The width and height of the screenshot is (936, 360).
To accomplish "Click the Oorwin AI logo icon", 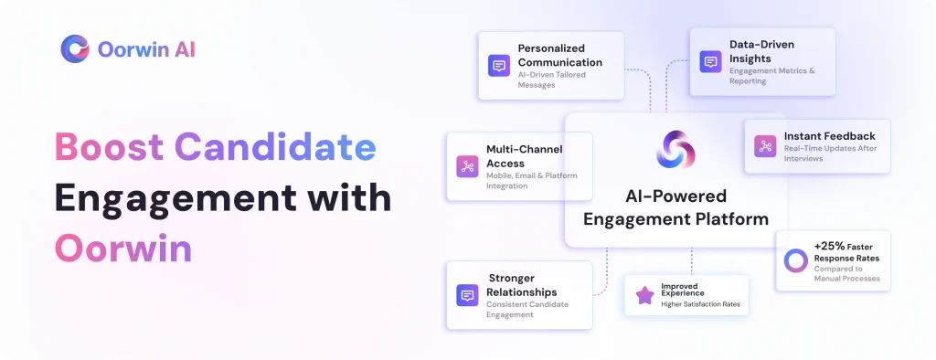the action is (x=75, y=49).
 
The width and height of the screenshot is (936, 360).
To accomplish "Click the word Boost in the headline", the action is (x=109, y=146).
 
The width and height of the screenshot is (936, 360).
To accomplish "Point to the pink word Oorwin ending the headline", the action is (x=123, y=248).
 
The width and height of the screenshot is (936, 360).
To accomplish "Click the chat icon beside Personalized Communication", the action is (x=499, y=66).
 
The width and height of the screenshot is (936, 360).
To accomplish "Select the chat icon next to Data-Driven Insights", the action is (x=710, y=61).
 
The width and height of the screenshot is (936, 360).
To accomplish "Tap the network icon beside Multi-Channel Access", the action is (x=467, y=166).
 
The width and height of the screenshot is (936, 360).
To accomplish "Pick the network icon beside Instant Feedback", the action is (x=765, y=146).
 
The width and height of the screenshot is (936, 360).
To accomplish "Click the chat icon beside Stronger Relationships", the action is (x=467, y=295).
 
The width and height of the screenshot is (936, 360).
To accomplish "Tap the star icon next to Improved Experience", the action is (x=644, y=295).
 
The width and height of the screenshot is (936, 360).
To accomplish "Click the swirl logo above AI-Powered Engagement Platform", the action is (x=675, y=149).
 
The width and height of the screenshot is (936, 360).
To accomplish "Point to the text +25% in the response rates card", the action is (x=828, y=246).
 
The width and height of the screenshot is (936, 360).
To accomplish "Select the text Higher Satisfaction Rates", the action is (x=700, y=304).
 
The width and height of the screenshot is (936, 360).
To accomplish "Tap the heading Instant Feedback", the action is (x=830, y=136).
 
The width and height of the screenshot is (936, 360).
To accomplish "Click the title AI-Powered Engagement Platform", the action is (x=675, y=207).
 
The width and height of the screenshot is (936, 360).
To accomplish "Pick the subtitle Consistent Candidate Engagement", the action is (x=527, y=309).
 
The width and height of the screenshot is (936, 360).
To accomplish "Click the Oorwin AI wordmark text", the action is (x=146, y=49).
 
